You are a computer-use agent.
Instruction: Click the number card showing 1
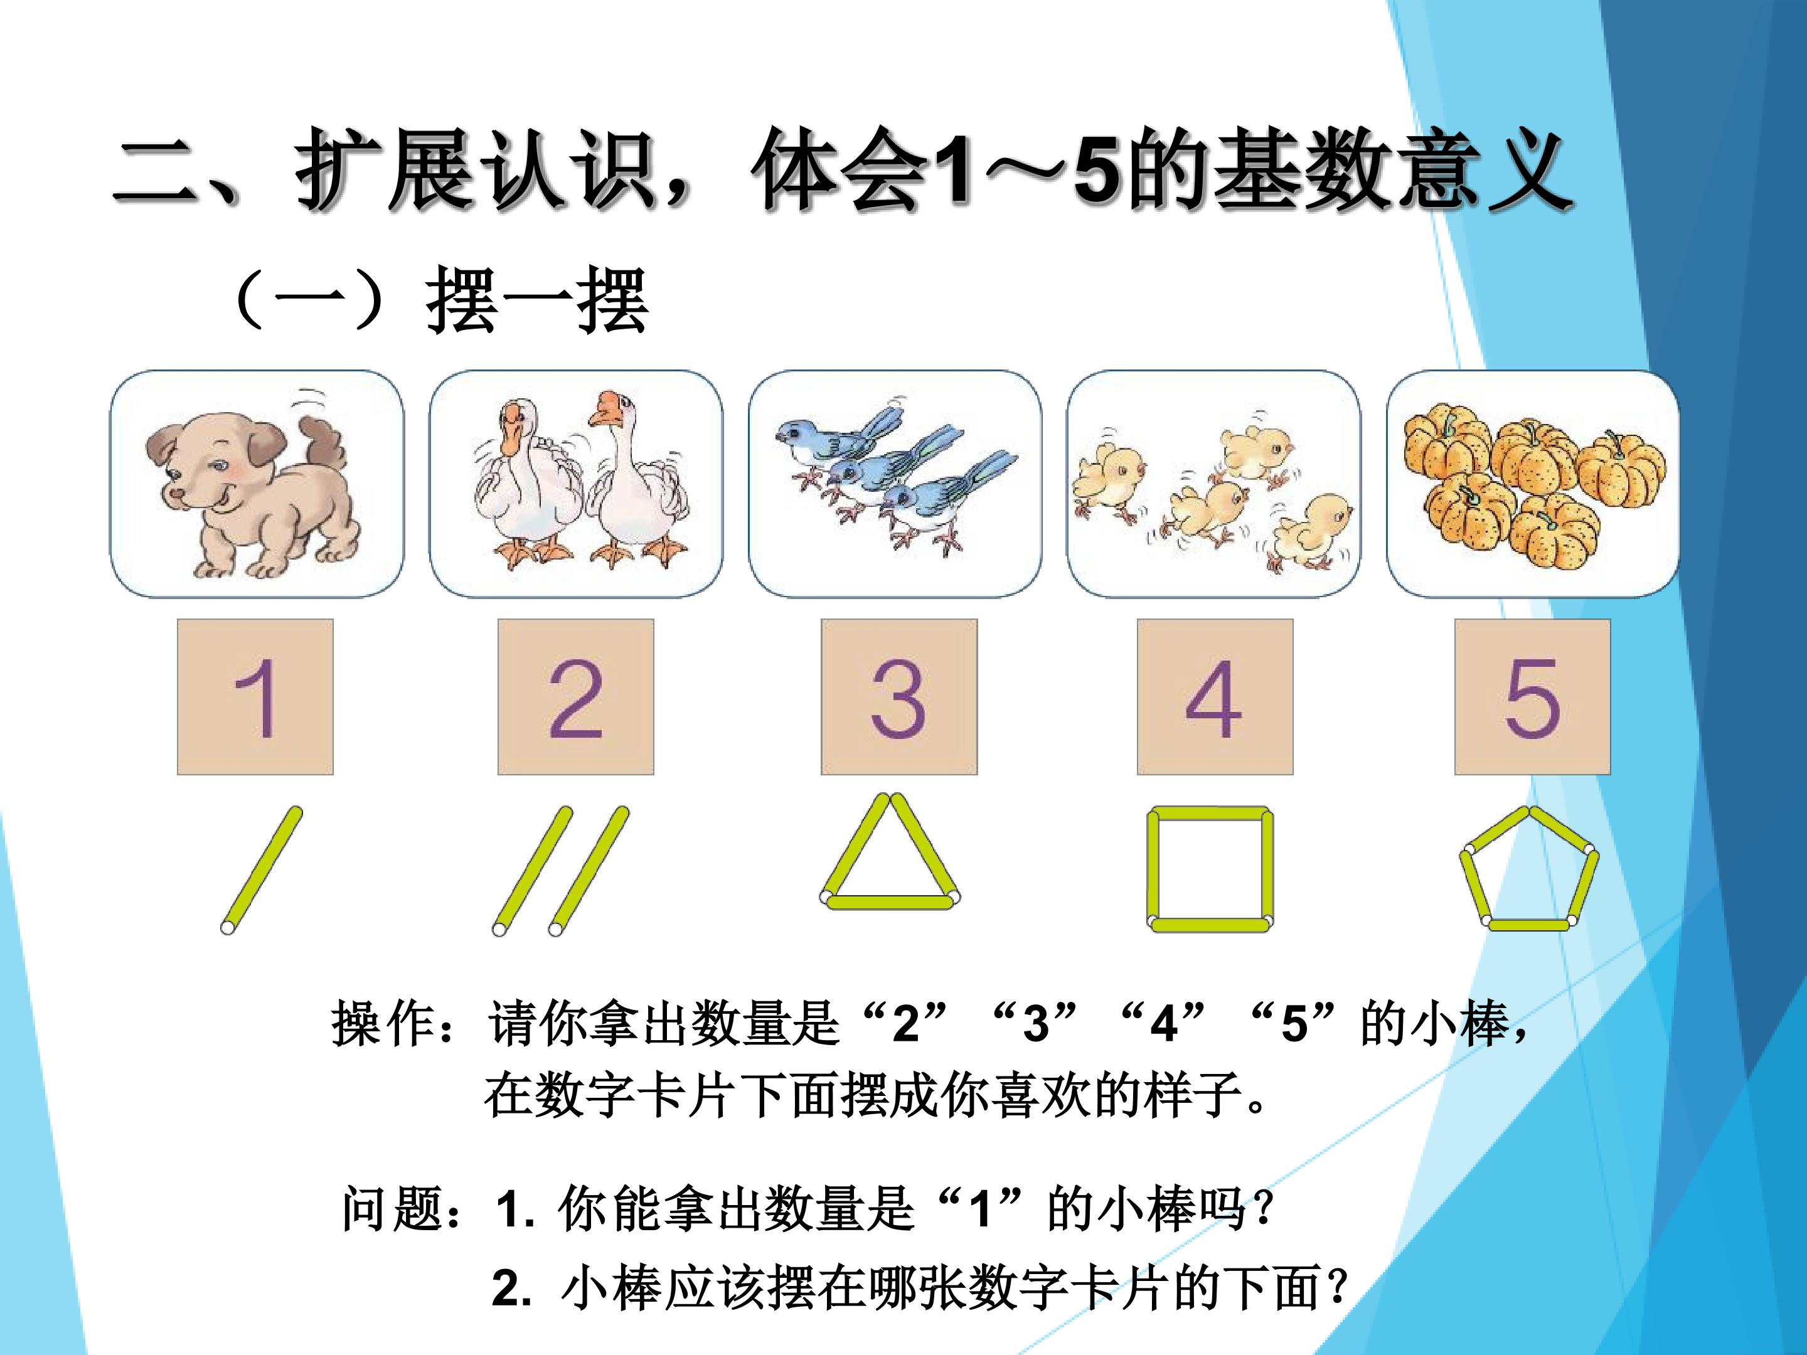255,697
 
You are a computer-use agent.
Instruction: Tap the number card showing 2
576,697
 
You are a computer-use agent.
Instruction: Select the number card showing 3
898,697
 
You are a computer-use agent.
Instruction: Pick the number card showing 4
1215,697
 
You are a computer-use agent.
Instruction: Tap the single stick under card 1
262,871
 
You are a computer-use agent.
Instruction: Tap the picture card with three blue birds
895,484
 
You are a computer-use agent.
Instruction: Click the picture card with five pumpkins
1533,484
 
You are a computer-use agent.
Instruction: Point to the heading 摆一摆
538,300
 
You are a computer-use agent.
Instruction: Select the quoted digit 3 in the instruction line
1036,1023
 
